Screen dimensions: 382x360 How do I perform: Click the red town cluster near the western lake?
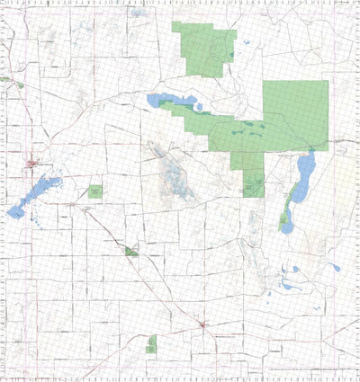click(x=33, y=164)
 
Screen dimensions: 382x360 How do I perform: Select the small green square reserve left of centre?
click(x=95, y=191)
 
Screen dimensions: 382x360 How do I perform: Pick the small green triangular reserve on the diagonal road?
click(x=131, y=253)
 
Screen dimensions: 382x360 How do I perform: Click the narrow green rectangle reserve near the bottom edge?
click(x=152, y=342)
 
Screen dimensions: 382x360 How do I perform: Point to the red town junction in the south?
click(x=204, y=324)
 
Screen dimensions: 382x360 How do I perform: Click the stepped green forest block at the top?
click(x=204, y=49)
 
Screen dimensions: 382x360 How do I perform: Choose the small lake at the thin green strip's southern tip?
click(x=286, y=223)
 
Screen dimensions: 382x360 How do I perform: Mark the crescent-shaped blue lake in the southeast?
click(x=289, y=286)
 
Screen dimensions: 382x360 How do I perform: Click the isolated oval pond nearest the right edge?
click(x=336, y=267)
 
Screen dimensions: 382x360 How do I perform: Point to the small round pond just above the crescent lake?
click(x=294, y=269)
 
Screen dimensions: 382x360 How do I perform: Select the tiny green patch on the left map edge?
click(x=4, y=79)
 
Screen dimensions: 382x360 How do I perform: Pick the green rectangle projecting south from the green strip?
click(x=253, y=175)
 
